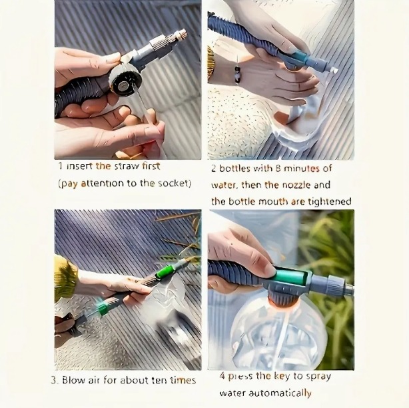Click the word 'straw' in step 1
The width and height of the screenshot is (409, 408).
click(127, 166)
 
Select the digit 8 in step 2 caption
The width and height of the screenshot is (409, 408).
click(278, 169)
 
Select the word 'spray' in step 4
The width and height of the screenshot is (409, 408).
click(318, 377)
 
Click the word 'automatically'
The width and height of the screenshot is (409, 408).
click(280, 393)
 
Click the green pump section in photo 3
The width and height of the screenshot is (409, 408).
click(165, 272)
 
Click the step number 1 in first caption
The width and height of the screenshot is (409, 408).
click(61, 166)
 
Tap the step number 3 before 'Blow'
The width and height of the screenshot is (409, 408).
click(54, 380)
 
